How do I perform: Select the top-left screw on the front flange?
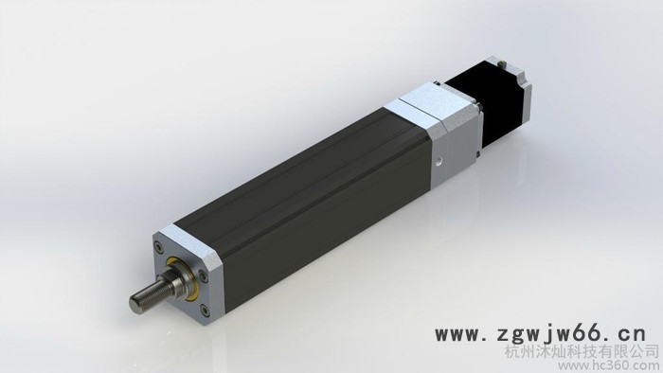click(x=158, y=246)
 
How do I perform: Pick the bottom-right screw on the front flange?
click(x=206, y=311)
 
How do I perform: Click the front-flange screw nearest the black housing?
click(x=203, y=276)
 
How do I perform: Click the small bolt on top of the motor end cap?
click(x=503, y=63)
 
